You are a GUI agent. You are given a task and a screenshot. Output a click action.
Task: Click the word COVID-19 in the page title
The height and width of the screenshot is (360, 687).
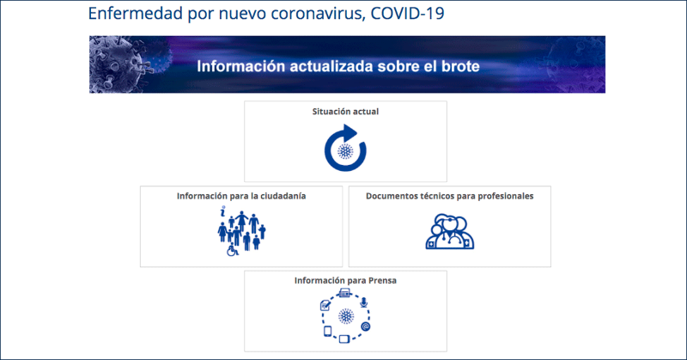407,13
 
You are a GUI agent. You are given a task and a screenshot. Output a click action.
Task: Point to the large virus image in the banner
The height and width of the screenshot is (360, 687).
116,64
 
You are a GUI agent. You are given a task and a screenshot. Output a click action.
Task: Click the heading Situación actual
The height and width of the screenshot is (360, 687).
345,112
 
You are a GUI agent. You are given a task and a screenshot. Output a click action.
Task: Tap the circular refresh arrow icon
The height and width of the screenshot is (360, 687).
345,148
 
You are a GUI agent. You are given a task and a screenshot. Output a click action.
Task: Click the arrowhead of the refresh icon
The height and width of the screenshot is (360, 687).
350,132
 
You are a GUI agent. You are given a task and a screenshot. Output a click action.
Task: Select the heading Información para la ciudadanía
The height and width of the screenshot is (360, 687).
241,196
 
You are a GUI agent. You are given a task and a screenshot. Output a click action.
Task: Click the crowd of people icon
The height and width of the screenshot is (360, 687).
241,231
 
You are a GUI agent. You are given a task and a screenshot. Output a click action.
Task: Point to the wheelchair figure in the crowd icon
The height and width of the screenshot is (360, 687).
232,250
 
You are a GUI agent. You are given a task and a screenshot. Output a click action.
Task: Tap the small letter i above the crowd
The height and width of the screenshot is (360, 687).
223,211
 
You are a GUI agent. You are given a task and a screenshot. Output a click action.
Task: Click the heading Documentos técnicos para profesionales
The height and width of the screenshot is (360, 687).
449,196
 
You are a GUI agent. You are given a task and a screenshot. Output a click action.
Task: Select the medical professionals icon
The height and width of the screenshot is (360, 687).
450,231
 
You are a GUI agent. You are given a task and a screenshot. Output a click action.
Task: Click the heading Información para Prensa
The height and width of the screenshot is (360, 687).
345,281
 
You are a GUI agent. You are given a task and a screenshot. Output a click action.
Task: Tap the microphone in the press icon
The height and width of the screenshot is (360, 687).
363,302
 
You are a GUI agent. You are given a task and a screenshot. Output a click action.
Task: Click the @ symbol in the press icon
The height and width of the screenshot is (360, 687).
366,326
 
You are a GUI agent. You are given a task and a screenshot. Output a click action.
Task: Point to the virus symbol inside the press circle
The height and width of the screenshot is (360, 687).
346,316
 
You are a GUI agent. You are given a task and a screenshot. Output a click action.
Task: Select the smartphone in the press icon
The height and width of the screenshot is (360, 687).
327,332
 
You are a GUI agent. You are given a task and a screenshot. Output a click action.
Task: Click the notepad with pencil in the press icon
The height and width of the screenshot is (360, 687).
325,305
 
